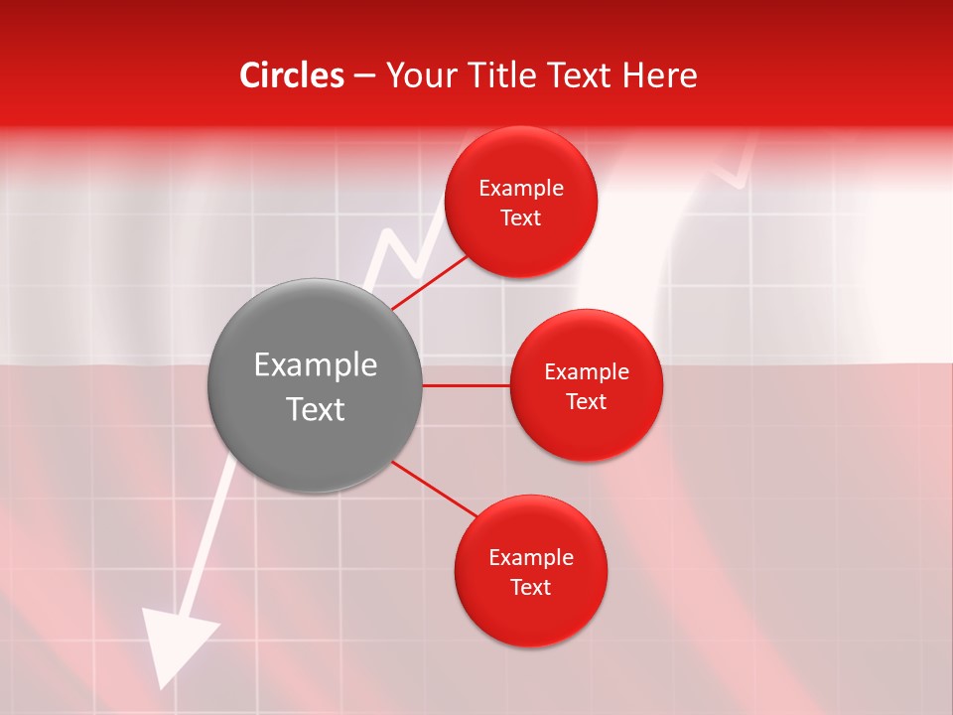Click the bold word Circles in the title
[x=291, y=74]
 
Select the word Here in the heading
[x=659, y=74]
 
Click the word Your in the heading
[x=421, y=74]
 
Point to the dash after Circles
[x=364, y=76]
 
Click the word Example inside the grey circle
[x=316, y=365]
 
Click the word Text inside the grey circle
[x=316, y=409]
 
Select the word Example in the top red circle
[x=521, y=189]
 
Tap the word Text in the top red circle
[x=521, y=218]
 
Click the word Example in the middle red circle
[x=587, y=372]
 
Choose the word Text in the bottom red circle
[x=531, y=588]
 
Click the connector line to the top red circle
[x=431, y=282]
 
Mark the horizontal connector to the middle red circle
[x=467, y=385]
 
